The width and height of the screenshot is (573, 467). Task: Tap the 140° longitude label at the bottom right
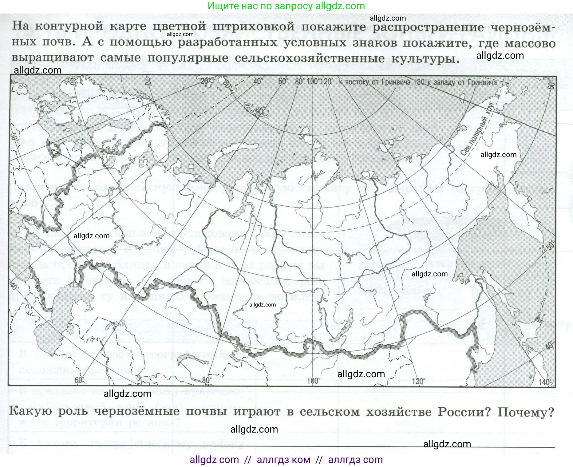tap(544, 382)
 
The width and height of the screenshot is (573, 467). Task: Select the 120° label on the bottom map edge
tap(418, 381)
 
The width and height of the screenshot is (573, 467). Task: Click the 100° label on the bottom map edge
tap(313, 381)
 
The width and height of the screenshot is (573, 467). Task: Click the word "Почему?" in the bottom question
tap(526, 412)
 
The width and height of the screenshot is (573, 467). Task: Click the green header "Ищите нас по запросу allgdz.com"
tap(286, 6)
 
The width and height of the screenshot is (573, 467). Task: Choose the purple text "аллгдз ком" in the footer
tap(283, 460)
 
